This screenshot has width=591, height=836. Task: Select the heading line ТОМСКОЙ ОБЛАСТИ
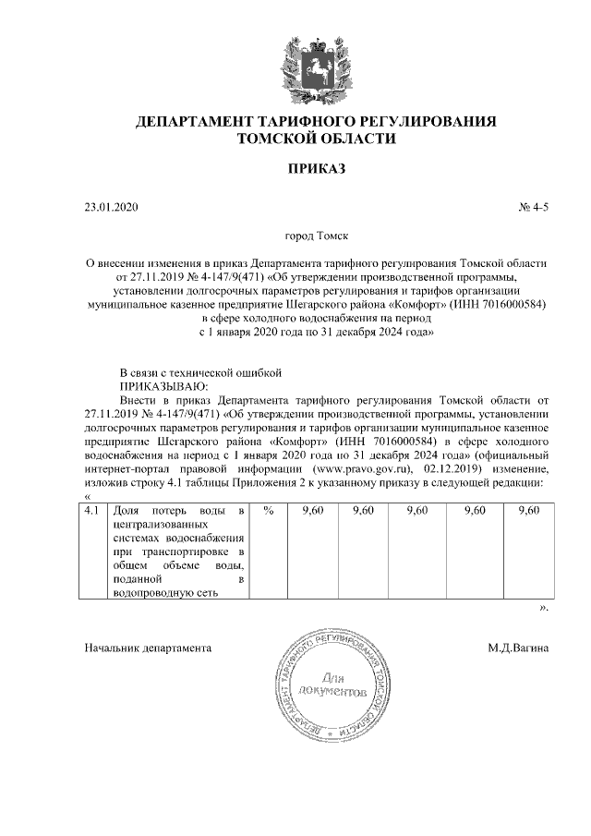coord(317,139)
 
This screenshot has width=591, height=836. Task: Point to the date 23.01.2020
coord(110,208)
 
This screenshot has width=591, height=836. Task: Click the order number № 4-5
coord(533,208)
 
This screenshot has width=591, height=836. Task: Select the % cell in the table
coord(268,510)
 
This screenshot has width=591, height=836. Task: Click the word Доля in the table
coord(127,510)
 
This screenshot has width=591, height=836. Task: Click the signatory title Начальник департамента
coord(148,648)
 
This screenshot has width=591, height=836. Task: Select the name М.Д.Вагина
coord(518,648)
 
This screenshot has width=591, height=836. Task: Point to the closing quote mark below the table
coord(544,609)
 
